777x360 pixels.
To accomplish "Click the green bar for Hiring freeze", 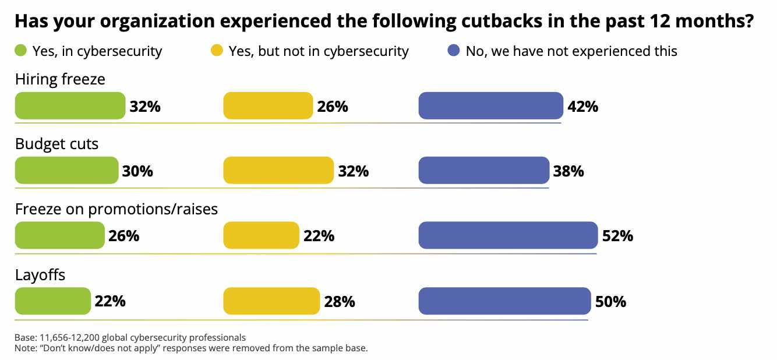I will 70,105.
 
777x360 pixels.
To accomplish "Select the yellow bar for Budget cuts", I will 278,170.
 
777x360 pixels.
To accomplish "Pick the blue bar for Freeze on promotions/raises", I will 508,235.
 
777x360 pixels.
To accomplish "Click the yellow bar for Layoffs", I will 271,301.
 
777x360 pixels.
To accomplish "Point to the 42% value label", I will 582,107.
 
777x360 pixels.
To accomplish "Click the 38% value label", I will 568,171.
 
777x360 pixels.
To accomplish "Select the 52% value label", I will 617,237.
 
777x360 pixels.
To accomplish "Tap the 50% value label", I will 610,302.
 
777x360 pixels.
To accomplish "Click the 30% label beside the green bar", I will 137,171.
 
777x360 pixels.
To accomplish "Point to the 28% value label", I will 340,302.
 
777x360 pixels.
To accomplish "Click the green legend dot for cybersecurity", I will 20,51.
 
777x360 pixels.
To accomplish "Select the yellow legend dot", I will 217,51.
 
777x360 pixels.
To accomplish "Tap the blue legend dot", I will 454,51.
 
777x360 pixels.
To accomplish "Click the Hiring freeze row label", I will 60,79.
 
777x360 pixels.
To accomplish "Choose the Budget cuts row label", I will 56,144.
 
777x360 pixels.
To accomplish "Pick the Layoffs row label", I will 40,274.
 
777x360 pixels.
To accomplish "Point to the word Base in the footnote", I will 25,337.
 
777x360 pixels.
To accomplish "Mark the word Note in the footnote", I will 25,348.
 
